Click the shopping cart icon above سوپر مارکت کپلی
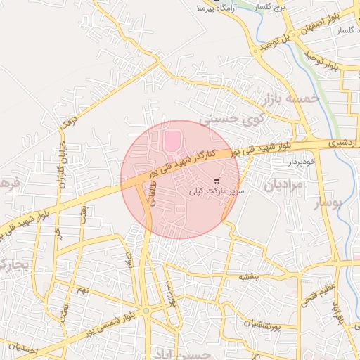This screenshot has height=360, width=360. click(216, 179)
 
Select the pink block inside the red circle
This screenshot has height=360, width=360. click(172, 141)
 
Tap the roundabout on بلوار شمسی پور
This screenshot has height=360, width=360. click(146, 311)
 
